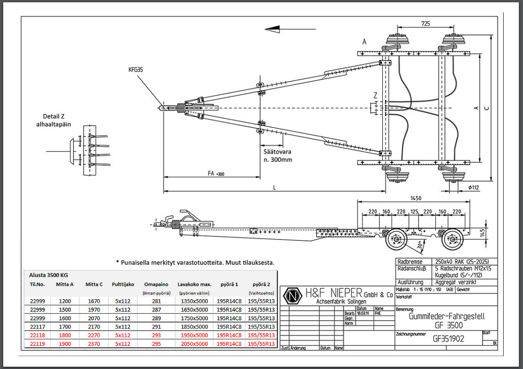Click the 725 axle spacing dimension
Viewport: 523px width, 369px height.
coord(426,23)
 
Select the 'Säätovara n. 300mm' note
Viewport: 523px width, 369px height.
coord(278,155)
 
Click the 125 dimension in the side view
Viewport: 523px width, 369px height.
coord(414,212)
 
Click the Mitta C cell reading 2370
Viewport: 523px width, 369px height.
coord(94,344)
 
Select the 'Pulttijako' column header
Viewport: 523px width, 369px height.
coord(123,284)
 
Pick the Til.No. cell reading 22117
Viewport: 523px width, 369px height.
coord(38,326)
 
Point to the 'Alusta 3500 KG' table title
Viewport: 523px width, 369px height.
coord(48,275)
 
